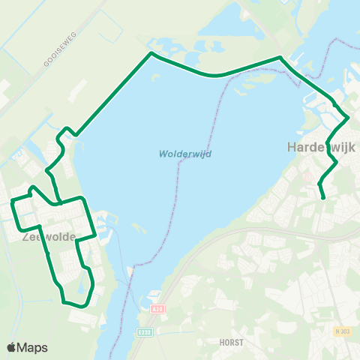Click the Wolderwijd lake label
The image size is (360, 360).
tap(184, 154)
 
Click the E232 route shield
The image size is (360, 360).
tap(144, 331)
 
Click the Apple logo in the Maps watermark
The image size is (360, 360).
tap(12, 347)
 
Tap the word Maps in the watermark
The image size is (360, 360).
tap(33, 347)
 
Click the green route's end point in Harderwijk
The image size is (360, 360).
tap(323, 198)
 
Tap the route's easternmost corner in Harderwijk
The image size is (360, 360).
tap(348, 118)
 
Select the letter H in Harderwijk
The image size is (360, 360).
tap(292, 148)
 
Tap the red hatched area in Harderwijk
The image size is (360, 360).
tap(308, 177)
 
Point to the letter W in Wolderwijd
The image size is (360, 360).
tap(163, 154)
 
